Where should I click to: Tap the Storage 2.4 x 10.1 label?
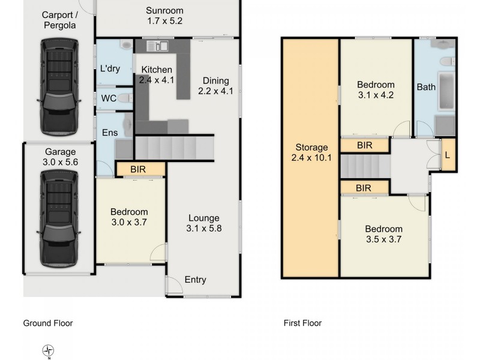click(x=311, y=153)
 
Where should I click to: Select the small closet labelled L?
click(x=448, y=155)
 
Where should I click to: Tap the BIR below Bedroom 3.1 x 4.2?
click(x=364, y=145)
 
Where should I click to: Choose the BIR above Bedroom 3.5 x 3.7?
click(x=363, y=188)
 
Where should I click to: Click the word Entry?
click(x=195, y=280)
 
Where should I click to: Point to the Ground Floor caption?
click(x=48, y=323)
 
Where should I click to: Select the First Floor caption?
click(x=302, y=323)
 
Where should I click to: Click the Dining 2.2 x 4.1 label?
click(x=215, y=86)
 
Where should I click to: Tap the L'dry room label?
click(x=110, y=68)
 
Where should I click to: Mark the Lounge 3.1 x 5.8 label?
click(x=204, y=223)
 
